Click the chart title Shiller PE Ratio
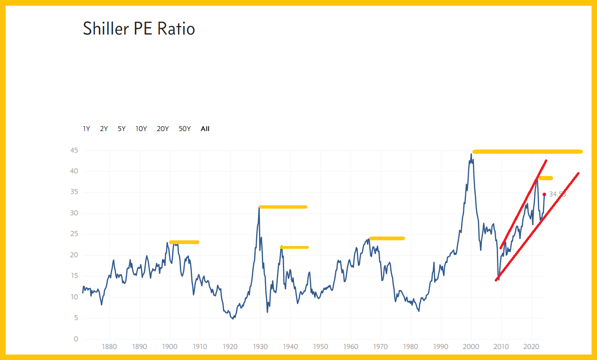point(139,29)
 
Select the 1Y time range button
point(86,129)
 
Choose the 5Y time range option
point(122,129)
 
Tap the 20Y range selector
point(162,129)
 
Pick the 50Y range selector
point(185,129)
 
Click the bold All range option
point(205,129)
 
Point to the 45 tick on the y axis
point(73,150)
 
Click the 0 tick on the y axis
point(75,339)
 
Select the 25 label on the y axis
point(73,234)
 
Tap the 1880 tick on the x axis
point(109,346)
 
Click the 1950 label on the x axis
point(321,346)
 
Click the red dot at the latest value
point(544,194)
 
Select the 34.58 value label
point(557,194)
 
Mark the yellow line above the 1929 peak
point(283,207)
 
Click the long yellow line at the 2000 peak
point(527,152)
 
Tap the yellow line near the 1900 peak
point(184,242)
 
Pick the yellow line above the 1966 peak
point(387,238)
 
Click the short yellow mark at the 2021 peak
point(545,178)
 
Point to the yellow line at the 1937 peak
point(294,247)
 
